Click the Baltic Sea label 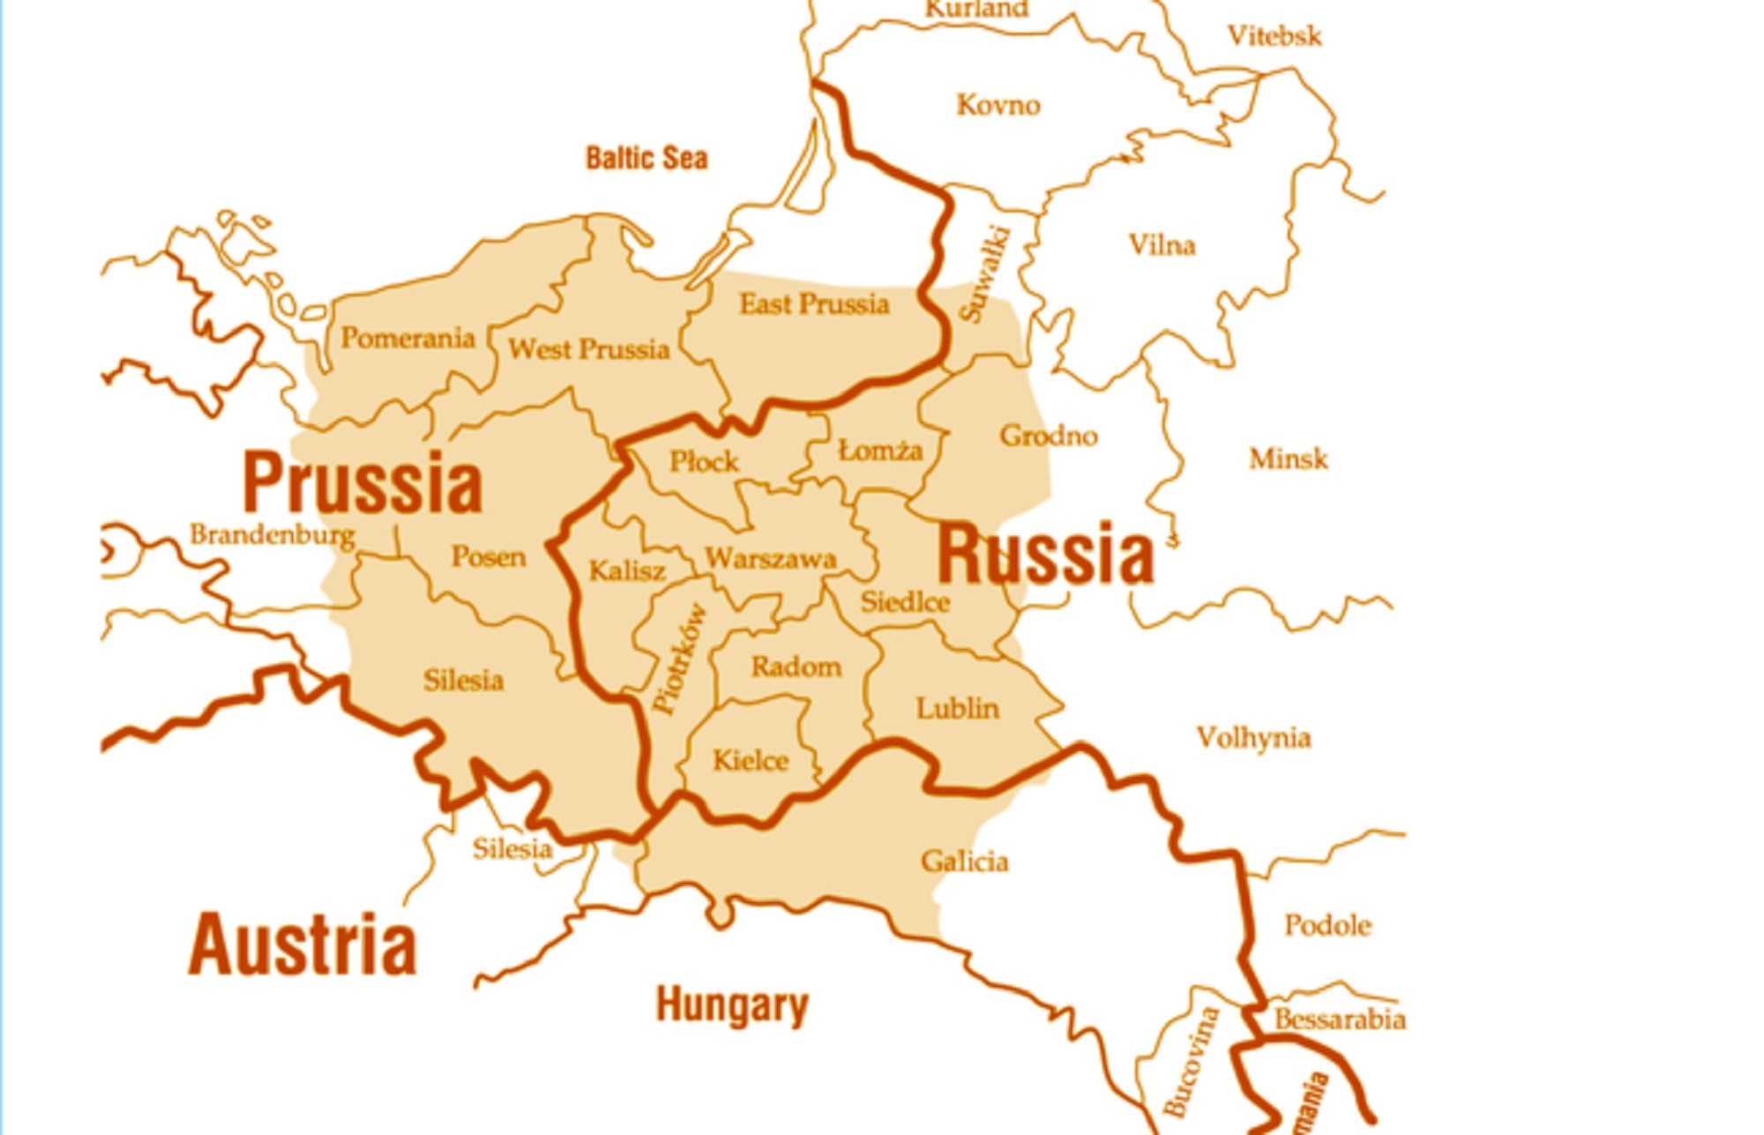(647, 159)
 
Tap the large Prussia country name (363, 482)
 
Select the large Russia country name (1045, 554)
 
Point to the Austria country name (302, 945)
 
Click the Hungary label (732, 1005)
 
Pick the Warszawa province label (770, 559)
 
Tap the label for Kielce (751, 760)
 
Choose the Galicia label (964, 862)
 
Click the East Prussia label (814, 304)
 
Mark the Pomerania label (407, 338)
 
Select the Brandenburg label (273, 535)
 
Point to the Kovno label (998, 105)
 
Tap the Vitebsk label (1274, 36)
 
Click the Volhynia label (1253, 737)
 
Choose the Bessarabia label (1340, 1019)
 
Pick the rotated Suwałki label (985, 274)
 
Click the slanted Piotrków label (680, 658)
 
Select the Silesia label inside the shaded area (463, 681)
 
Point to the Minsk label (1288, 459)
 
